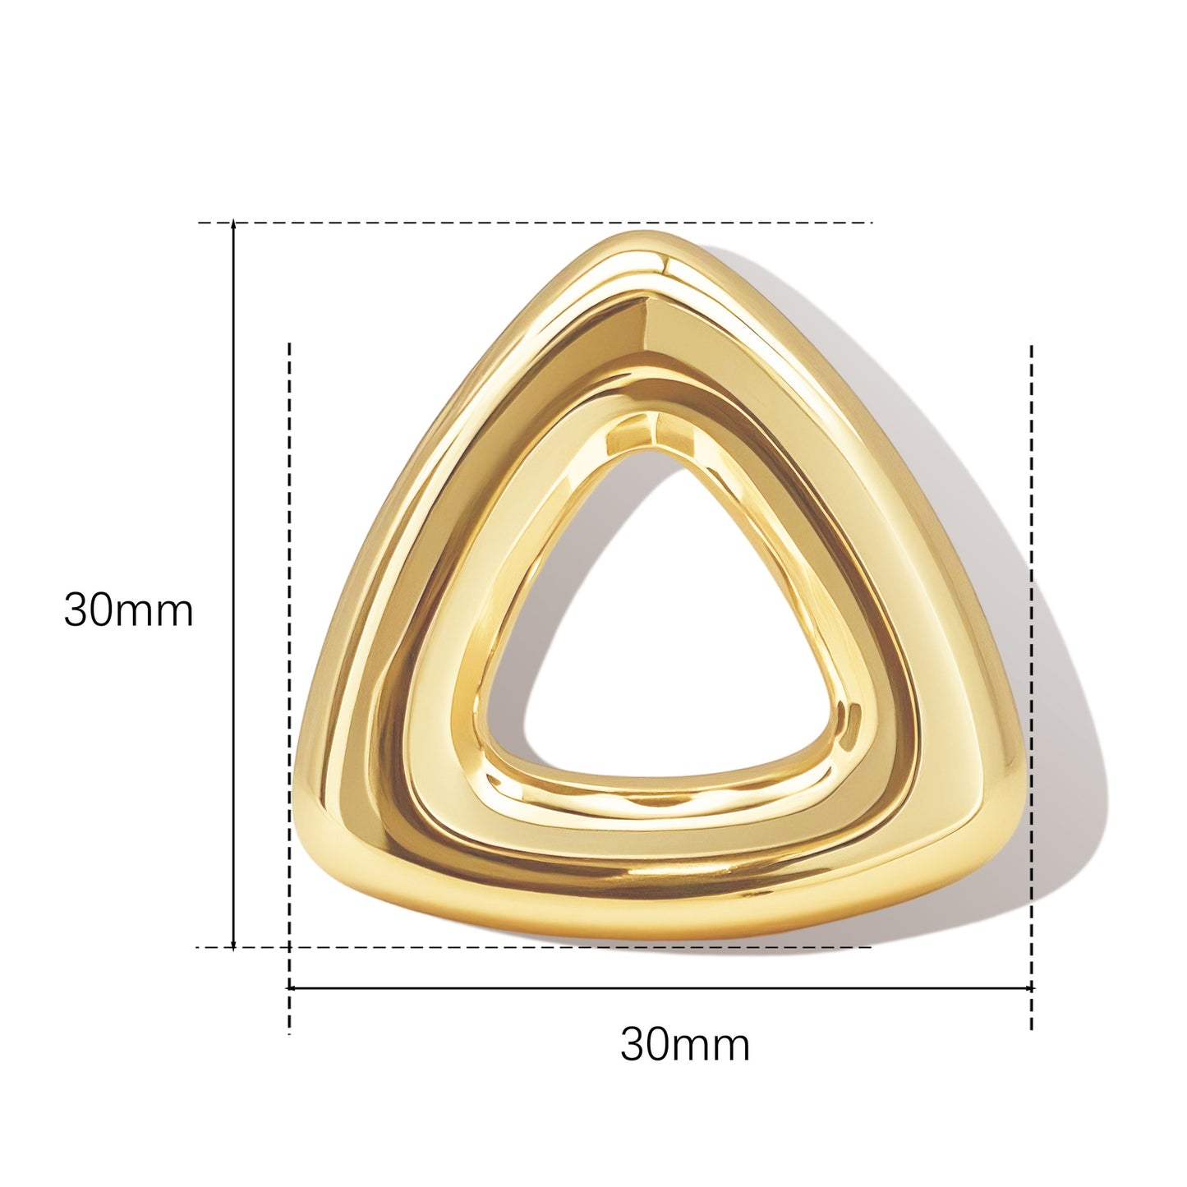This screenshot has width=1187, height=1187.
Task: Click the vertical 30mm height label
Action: tap(129, 610)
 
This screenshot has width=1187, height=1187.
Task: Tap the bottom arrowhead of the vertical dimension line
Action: tap(232, 961)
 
